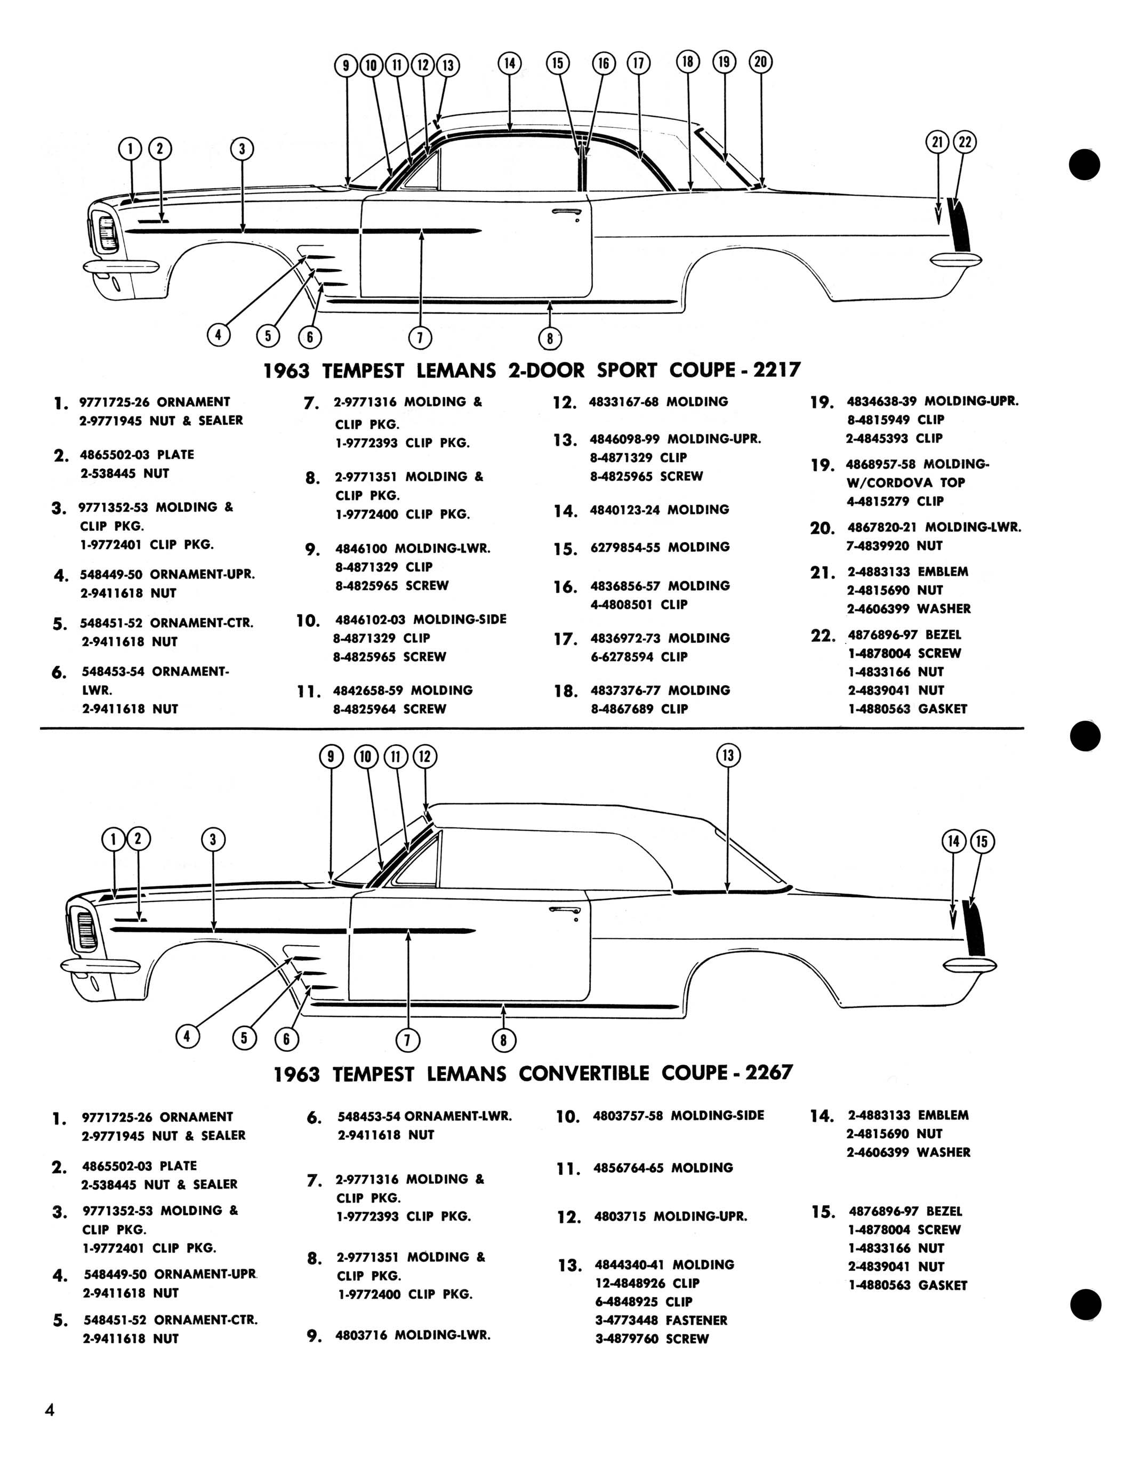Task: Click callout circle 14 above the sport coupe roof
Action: tap(509, 63)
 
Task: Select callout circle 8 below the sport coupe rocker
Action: tap(550, 339)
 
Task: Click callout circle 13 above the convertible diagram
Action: tap(728, 756)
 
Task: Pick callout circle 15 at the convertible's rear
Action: tap(981, 841)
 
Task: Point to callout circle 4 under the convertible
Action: tap(187, 1036)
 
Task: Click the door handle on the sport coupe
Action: tap(566, 213)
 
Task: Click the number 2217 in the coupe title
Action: tap(777, 370)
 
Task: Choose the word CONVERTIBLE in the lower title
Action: tap(584, 1073)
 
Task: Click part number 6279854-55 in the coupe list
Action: tap(625, 547)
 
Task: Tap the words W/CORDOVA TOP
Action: tap(905, 482)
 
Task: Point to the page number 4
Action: tap(49, 1409)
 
